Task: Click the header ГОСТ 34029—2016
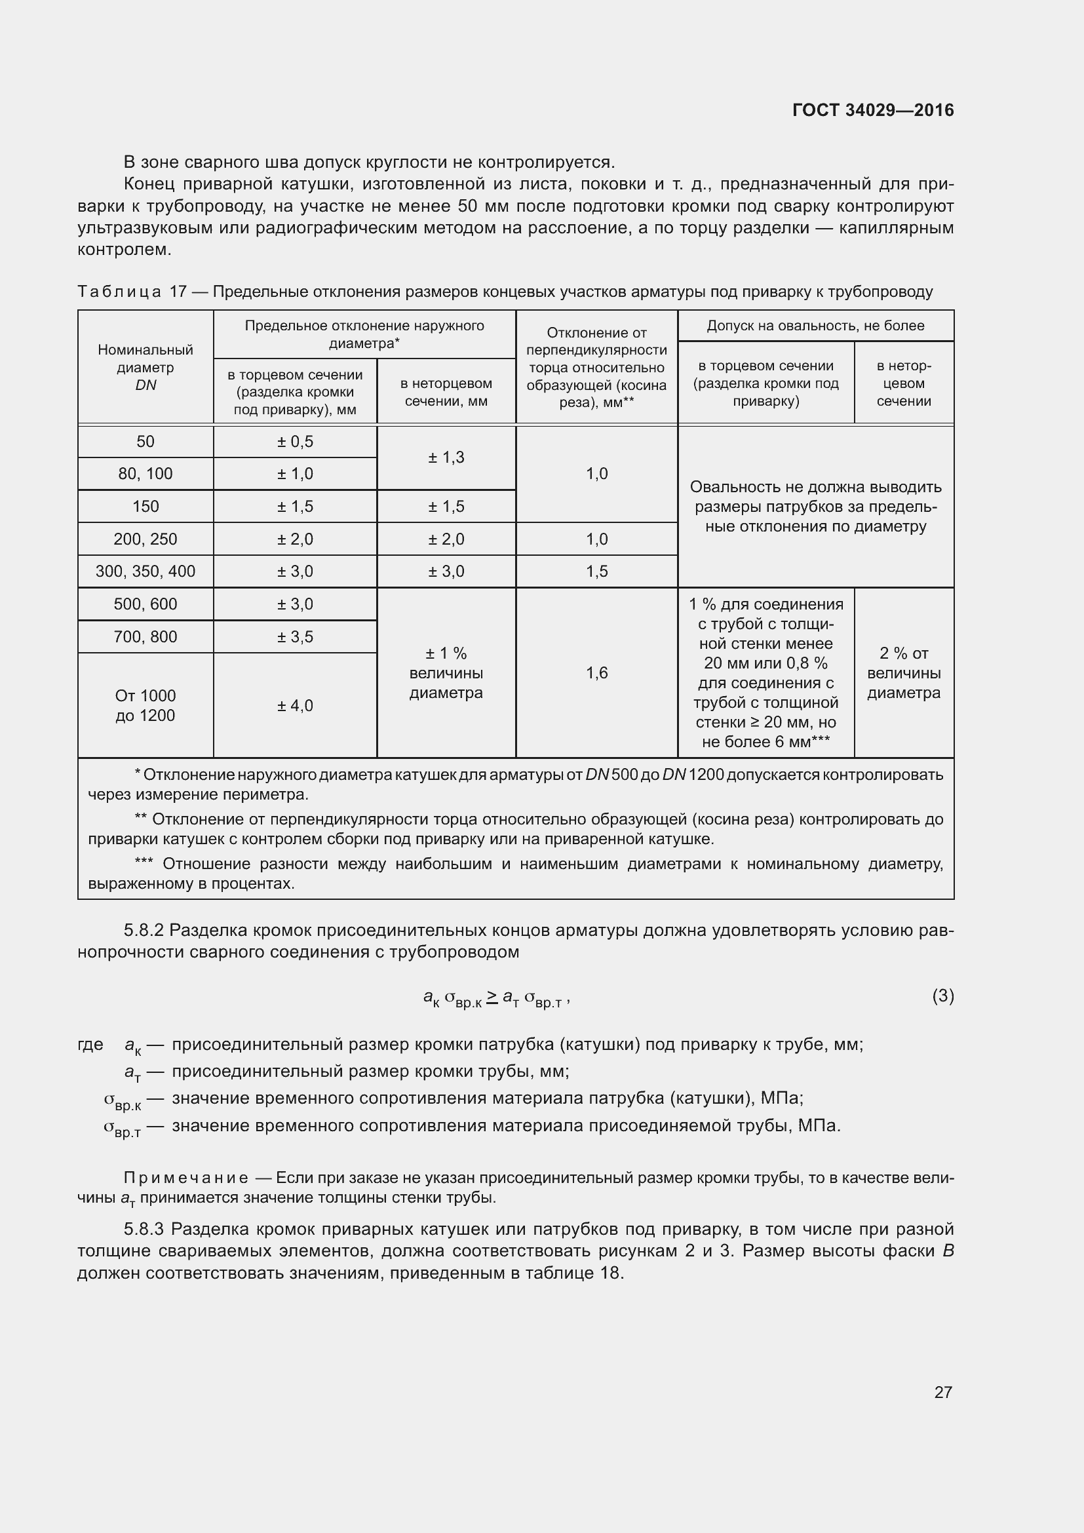point(872,110)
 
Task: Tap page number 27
point(942,1392)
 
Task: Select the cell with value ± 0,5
point(295,441)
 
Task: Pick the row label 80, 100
point(145,473)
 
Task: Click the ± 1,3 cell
point(446,457)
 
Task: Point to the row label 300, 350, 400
point(145,571)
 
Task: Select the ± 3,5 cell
point(295,636)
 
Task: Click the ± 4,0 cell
point(295,705)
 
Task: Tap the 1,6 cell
point(597,672)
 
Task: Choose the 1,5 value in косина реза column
point(597,571)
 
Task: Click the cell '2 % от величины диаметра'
point(904,672)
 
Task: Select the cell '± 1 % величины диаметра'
point(446,672)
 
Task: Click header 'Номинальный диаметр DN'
point(145,367)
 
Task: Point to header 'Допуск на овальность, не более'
point(815,326)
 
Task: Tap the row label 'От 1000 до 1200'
point(145,705)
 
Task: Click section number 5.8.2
point(144,930)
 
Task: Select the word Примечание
point(186,1178)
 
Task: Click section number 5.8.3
point(144,1229)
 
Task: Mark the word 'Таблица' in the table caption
point(119,292)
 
